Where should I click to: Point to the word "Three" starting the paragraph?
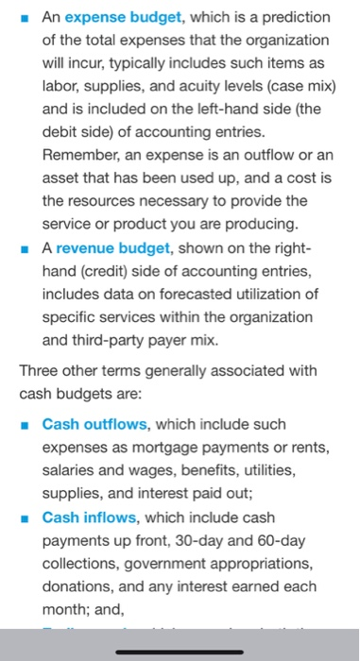coord(40,371)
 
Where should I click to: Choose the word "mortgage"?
coord(162,448)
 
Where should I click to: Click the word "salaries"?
coord(72,470)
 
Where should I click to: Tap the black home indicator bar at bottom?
coord(180,650)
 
